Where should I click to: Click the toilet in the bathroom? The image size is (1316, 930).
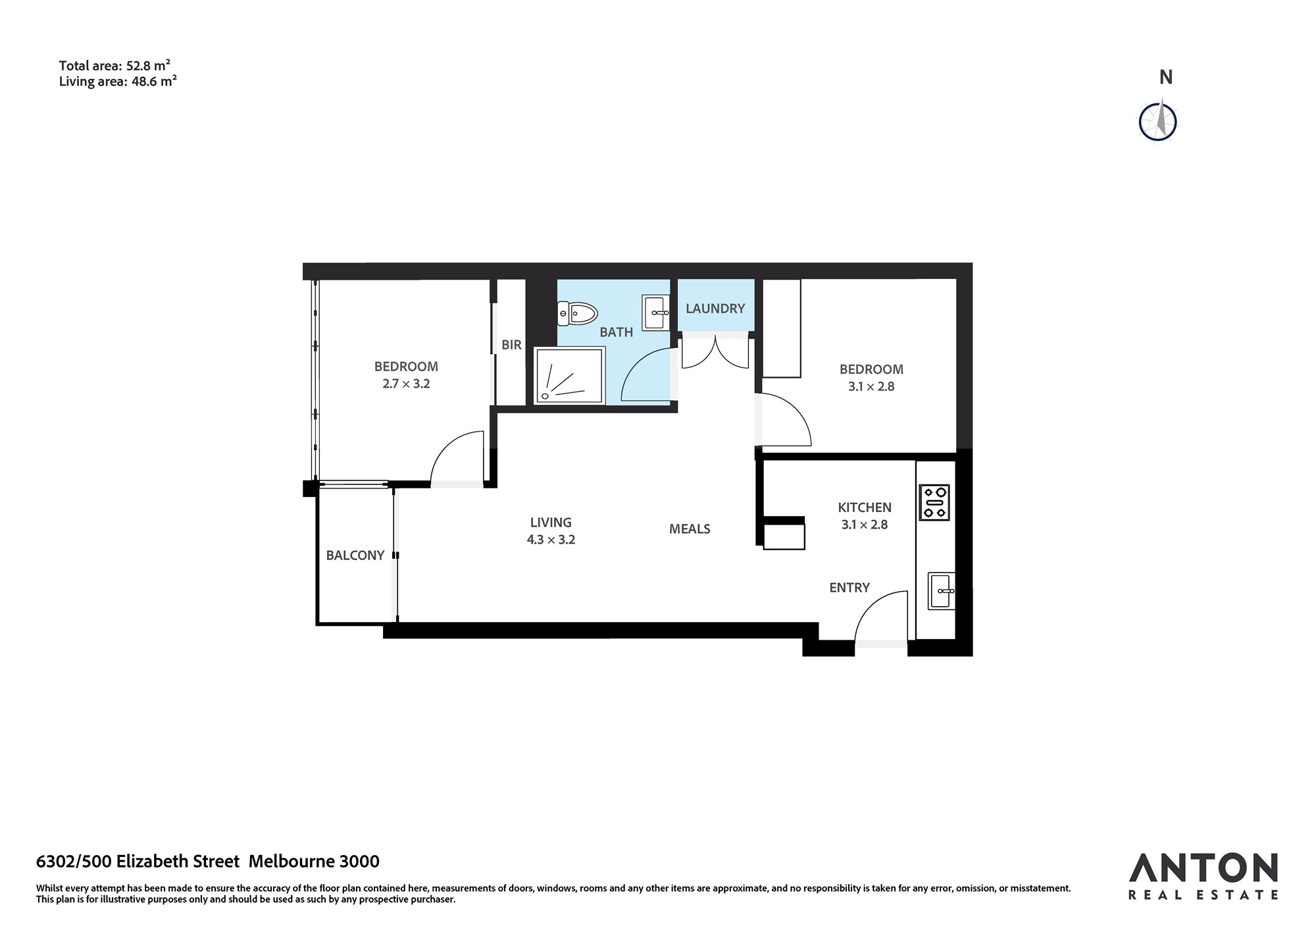click(x=577, y=313)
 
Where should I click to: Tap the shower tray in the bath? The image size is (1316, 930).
click(x=569, y=375)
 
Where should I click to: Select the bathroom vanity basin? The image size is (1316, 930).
click(x=656, y=313)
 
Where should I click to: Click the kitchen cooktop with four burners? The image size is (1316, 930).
click(x=934, y=502)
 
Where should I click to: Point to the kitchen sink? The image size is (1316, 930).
click(x=942, y=591)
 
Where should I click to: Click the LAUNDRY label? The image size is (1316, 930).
click(x=715, y=308)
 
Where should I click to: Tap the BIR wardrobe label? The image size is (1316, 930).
click(x=511, y=344)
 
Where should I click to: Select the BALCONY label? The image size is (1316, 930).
click(x=355, y=555)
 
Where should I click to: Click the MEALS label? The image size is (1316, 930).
click(x=690, y=529)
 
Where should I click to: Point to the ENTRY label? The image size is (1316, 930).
click(x=849, y=587)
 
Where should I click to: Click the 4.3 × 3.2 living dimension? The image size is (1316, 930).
click(x=551, y=540)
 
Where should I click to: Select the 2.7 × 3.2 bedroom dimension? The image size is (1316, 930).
click(x=406, y=384)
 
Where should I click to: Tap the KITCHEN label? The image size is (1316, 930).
click(x=865, y=507)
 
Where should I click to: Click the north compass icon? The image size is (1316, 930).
click(x=1158, y=121)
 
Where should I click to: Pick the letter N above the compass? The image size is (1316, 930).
click(x=1166, y=77)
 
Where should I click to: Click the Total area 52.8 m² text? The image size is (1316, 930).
click(x=115, y=65)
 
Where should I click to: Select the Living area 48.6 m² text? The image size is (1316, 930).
click(x=118, y=82)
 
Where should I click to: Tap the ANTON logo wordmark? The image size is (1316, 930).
click(x=1203, y=868)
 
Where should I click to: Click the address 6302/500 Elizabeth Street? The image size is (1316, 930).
click(x=138, y=861)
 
